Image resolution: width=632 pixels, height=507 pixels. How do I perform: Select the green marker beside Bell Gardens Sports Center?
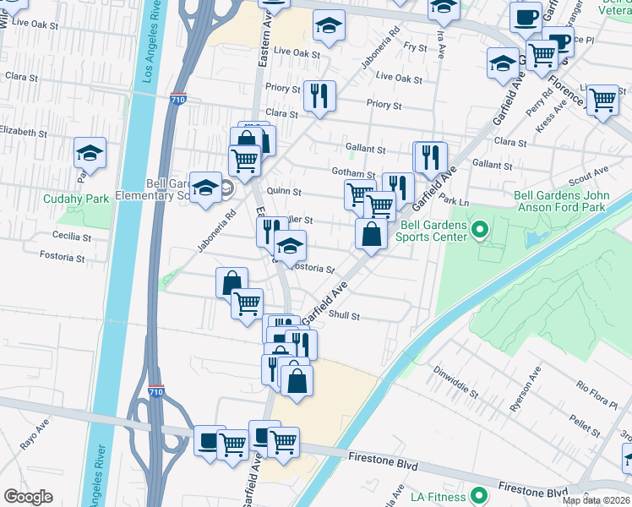point(480,229)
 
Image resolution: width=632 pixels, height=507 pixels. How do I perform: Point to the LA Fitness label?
point(439,496)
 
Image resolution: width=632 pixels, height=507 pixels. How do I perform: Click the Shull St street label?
point(346,316)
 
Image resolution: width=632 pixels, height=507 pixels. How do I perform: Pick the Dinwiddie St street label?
point(456,381)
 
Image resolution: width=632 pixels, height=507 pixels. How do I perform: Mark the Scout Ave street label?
point(589,176)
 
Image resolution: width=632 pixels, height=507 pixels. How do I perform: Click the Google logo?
point(29,497)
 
